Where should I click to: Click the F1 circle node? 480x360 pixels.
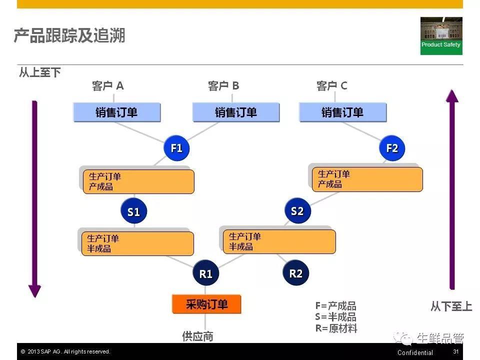[x=176, y=148]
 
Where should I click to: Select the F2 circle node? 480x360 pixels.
[x=392, y=148]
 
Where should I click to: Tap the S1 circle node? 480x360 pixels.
[x=134, y=211]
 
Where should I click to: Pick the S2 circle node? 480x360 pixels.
[x=297, y=210]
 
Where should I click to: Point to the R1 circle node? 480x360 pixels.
[x=205, y=273]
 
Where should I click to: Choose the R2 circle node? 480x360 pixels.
[x=295, y=272]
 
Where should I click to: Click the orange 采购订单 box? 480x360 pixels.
[x=206, y=304]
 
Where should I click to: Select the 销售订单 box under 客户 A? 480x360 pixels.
[x=117, y=112]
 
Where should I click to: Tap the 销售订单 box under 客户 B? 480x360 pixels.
[x=236, y=112]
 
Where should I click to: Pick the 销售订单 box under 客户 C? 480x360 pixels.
[x=343, y=112]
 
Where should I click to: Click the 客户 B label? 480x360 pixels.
[x=223, y=85]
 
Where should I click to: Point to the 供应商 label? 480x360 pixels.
[x=198, y=336]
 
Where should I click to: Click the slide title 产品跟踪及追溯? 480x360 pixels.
[x=69, y=35]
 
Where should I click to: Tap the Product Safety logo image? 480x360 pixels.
[x=441, y=36]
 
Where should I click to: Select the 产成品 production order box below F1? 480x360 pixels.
[x=138, y=181]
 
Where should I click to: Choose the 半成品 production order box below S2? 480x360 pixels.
[x=279, y=241]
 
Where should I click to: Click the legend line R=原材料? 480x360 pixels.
[x=336, y=328]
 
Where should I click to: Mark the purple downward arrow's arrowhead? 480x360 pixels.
[x=34, y=291]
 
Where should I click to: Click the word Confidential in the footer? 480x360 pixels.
[x=415, y=352]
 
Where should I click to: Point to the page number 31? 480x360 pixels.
[x=456, y=351]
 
